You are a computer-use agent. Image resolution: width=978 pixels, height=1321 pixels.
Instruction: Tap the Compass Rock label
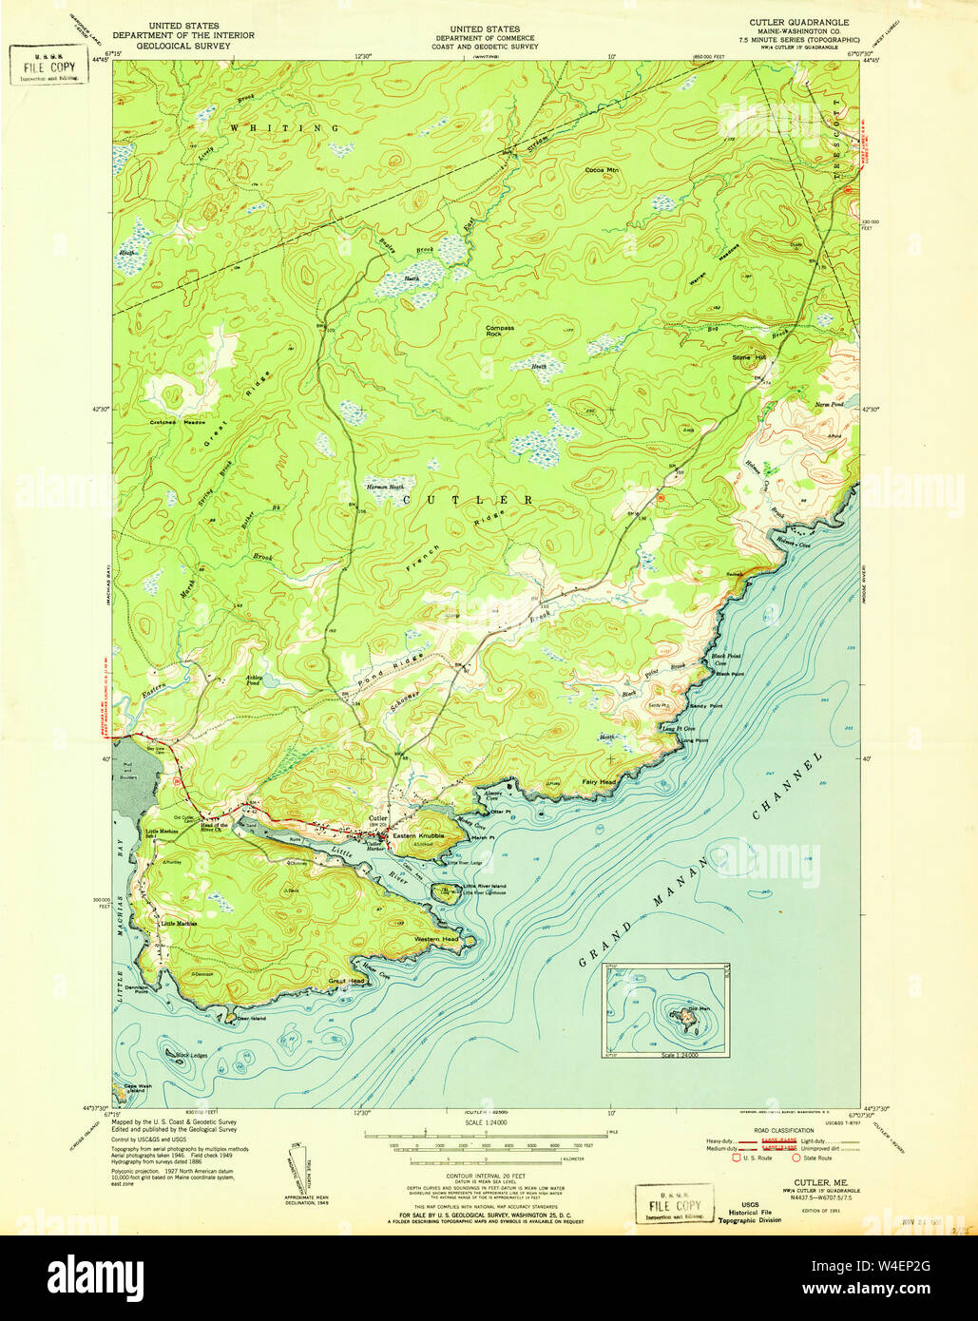[500, 331]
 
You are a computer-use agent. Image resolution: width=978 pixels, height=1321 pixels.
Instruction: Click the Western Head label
[436, 938]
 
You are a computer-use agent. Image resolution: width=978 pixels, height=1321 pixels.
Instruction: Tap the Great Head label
[346, 981]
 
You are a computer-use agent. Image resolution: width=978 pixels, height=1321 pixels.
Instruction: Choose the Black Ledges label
[190, 1056]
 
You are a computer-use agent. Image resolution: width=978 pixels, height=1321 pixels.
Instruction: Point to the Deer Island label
[251, 1019]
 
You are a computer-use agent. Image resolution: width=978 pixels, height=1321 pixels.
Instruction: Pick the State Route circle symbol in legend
[796, 1158]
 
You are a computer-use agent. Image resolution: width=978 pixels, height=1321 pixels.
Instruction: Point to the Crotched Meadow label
[177, 421]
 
